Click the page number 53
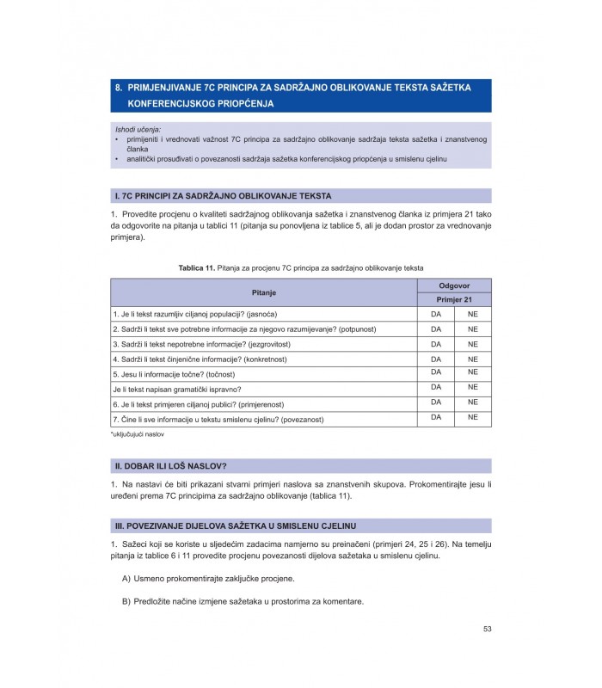coord(487,630)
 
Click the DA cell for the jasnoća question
coord(435,314)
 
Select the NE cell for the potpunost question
coord(472,329)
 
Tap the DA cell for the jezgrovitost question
coord(435,344)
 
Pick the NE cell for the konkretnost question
coord(472,359)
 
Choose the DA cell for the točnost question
coord(435,372)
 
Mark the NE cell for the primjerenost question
coord(472,402)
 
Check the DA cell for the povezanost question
coord(435,417)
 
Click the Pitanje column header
coord(263,292)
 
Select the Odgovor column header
coord(454,285)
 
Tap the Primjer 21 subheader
coord(454,299)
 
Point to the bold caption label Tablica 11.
coord(197,268)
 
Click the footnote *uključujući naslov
coord(137,434)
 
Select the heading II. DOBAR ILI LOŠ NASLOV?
coord(170,465)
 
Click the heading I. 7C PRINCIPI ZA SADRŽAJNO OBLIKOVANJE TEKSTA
coord(222,196)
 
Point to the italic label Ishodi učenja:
coord(138,129)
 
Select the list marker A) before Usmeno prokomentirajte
coord(126,578)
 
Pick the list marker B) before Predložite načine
coord(126,600)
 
